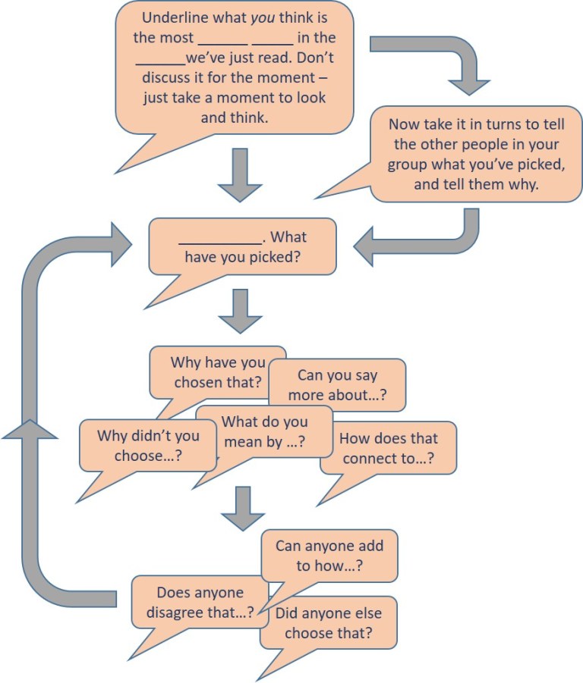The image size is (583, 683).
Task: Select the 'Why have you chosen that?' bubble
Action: [218, 371]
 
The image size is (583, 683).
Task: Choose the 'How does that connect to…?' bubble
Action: [388, 448]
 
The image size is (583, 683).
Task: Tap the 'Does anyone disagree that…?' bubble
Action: [200, 602]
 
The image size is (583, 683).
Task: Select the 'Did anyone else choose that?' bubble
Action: [328, 622]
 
